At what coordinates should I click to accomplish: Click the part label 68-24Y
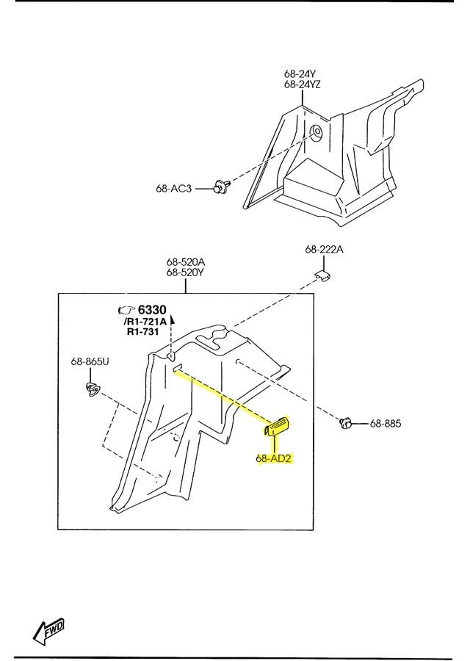(x=300, y=74)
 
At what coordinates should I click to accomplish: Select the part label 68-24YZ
(x=303, y=84)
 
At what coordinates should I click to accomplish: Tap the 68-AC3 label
(x=173, y=189)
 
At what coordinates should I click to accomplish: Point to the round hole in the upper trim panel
(x=316, y=131)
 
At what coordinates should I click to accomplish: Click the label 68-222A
(x=324, y=250)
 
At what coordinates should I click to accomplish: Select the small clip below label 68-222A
(x=323, y=275)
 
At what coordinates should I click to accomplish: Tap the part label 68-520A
(x=186, y=262)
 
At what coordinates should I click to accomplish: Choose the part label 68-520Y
(x=186, y=272)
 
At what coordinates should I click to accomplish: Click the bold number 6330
(x=152, y=310)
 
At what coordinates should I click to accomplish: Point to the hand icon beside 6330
(x=126, y=310)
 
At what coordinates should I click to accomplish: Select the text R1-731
(x=143, y=332)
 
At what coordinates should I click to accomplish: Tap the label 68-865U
(x=90, y=361)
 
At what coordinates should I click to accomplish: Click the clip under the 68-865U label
(x=92, y=389)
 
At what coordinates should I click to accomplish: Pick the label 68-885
(x=386, y=423)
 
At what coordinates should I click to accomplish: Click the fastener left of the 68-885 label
(x=347, y=423)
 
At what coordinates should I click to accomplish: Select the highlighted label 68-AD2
(x=274, y=458)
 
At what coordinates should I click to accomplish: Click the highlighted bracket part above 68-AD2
(x=277, y=427)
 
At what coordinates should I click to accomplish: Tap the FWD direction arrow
(x=48, y=631)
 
